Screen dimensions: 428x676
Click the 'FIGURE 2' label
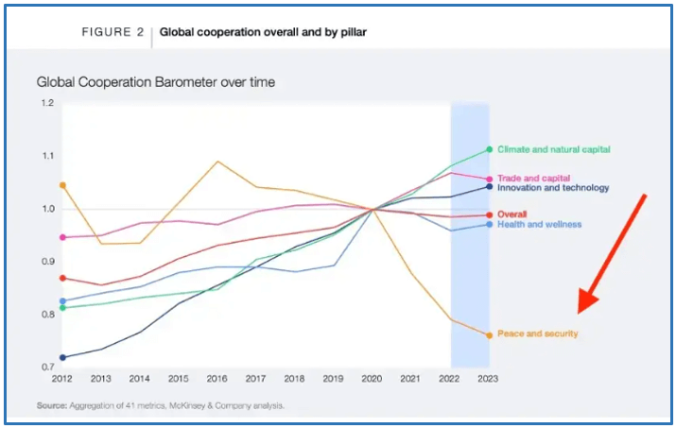[x=113, y=32]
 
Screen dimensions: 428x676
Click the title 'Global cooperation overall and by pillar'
[x=262, y=32]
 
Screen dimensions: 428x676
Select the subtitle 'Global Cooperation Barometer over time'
[x=156, y=82]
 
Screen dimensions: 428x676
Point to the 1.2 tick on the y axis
[x=47, y=102]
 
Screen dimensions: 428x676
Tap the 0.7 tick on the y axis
[x=47, y=367]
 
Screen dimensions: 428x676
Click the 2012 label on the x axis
[x=62, y=378]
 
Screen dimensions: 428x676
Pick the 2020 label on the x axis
[x=373, y=378]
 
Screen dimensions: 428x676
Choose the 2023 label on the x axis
[x=489, y=378]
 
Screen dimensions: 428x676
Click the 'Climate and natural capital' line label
[x=553, y=149]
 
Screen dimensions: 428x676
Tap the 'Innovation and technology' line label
[x=553, y=188]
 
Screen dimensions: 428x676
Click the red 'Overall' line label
[x=512, y=214]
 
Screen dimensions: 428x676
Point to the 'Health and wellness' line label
[x=539, y=224]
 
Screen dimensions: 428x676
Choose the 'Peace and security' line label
[x=537, y=334]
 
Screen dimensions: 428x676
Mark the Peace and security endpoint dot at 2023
[x=489, y=334]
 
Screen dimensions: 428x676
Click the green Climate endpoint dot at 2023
[x=489, y=149]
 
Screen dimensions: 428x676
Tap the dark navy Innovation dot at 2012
[x=62, y=357]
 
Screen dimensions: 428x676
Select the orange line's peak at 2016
[x=217, y=162]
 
